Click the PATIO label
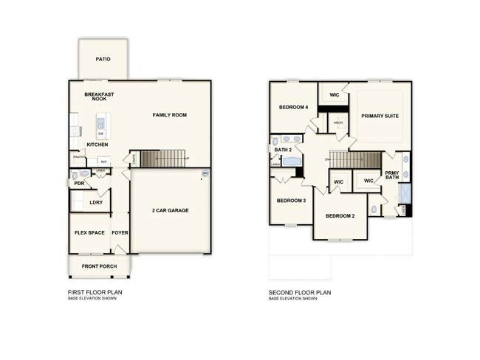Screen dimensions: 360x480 (x=103, y=59)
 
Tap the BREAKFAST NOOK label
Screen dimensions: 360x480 (x=98, y=97)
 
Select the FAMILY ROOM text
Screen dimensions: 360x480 (x=169, y=115)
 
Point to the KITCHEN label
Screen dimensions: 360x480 (x=97, y=145)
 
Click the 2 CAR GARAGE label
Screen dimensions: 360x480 (x=171, y=210)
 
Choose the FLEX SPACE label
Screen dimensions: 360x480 (x=89, y=232)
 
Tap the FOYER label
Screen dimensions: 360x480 (x=120, y=232)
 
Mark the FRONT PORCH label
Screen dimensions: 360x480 (x=98, y=266)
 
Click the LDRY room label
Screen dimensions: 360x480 (x=96, y=201)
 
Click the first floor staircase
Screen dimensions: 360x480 (x=162, y=158)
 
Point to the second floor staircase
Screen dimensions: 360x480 (x=354, y=159)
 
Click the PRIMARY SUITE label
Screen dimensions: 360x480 (x=379, y=116)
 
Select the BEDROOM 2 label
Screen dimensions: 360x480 (x=341, y=215)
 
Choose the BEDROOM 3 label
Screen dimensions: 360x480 (x=291, y=201)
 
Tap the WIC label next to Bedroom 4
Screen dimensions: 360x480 (x=334, y=95)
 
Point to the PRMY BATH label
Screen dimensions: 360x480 (x=392, y=176)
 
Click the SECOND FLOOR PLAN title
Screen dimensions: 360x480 (x=301, y=292)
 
